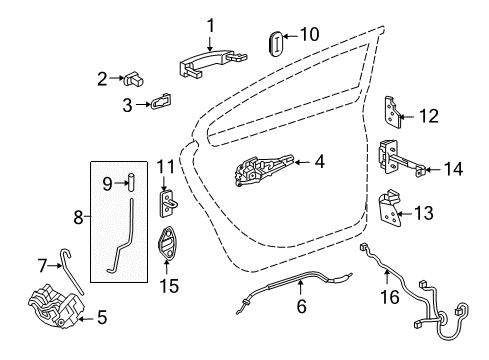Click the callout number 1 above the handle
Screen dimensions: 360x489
(210, 25)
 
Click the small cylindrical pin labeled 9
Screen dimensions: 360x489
(131, 181)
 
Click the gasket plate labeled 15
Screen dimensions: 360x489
(164, 246)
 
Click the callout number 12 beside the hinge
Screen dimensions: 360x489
(430, 116)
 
